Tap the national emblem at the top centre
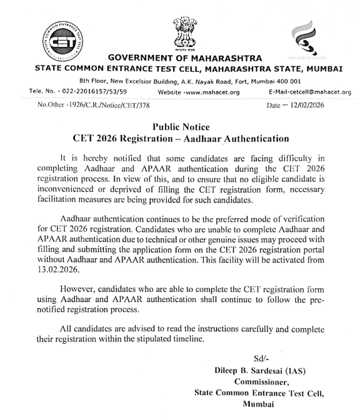click(x=181, y=35)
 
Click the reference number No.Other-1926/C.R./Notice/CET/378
click(x=94, y=104)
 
